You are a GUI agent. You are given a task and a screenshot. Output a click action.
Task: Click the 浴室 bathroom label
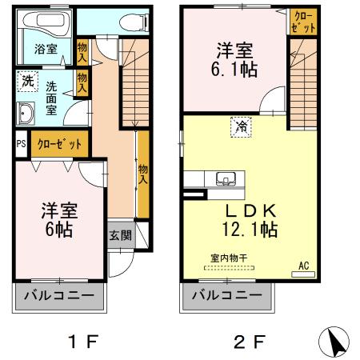click(x=46, y=49)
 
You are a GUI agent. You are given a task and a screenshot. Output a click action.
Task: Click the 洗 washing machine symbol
click(x=28, y=80)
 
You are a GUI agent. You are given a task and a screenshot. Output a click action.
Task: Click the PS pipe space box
click(x=21, y=146)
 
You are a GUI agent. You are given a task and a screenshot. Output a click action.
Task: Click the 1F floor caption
click(x=81, y=341)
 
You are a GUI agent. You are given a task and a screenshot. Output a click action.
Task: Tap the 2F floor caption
click(x=248, y=341)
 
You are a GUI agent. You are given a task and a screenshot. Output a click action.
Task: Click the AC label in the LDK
click(x=303, y=265)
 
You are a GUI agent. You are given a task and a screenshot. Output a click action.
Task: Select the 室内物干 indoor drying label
click(x=230, y=258)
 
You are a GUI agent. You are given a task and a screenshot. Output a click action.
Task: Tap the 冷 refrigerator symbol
click(x=239, y=125)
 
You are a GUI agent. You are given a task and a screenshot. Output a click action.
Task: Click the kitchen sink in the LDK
click(x=223, y=178)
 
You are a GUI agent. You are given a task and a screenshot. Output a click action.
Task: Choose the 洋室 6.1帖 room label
click(x=235, y=58)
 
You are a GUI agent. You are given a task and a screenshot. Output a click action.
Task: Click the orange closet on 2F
click(x=302, y=21)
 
